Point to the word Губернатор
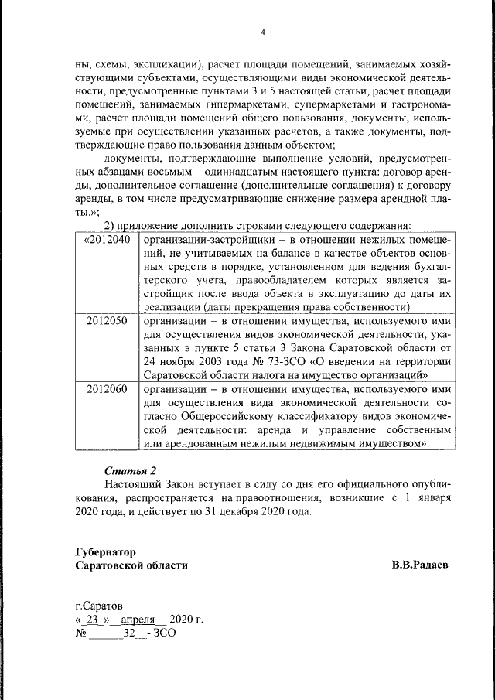tap(106, 552)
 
